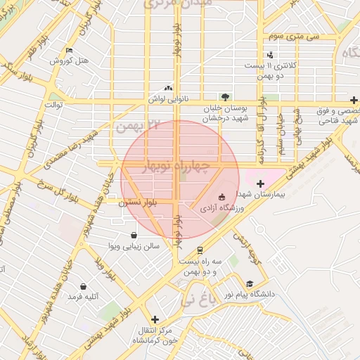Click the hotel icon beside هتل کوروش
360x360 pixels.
68,51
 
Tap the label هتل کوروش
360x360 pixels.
69,61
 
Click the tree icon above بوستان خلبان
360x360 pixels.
225,96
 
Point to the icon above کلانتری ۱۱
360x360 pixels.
271,55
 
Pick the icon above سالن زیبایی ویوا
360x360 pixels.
134,236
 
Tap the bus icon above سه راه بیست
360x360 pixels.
200,250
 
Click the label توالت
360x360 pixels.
54,105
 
